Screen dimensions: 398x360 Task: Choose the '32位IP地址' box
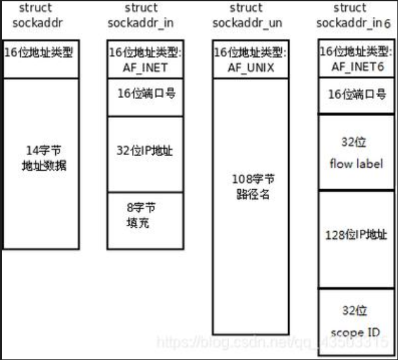tap(145, 152)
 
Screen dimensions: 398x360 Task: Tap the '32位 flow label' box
tap(356, 152)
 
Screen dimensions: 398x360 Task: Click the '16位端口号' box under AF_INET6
tap(356, 95)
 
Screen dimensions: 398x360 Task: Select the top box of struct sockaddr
tap(40, 53)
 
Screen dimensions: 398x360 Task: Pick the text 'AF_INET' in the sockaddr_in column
tap(145, 66)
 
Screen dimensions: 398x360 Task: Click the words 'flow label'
tap(356, 163)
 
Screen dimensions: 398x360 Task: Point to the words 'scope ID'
tap(356, 333)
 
